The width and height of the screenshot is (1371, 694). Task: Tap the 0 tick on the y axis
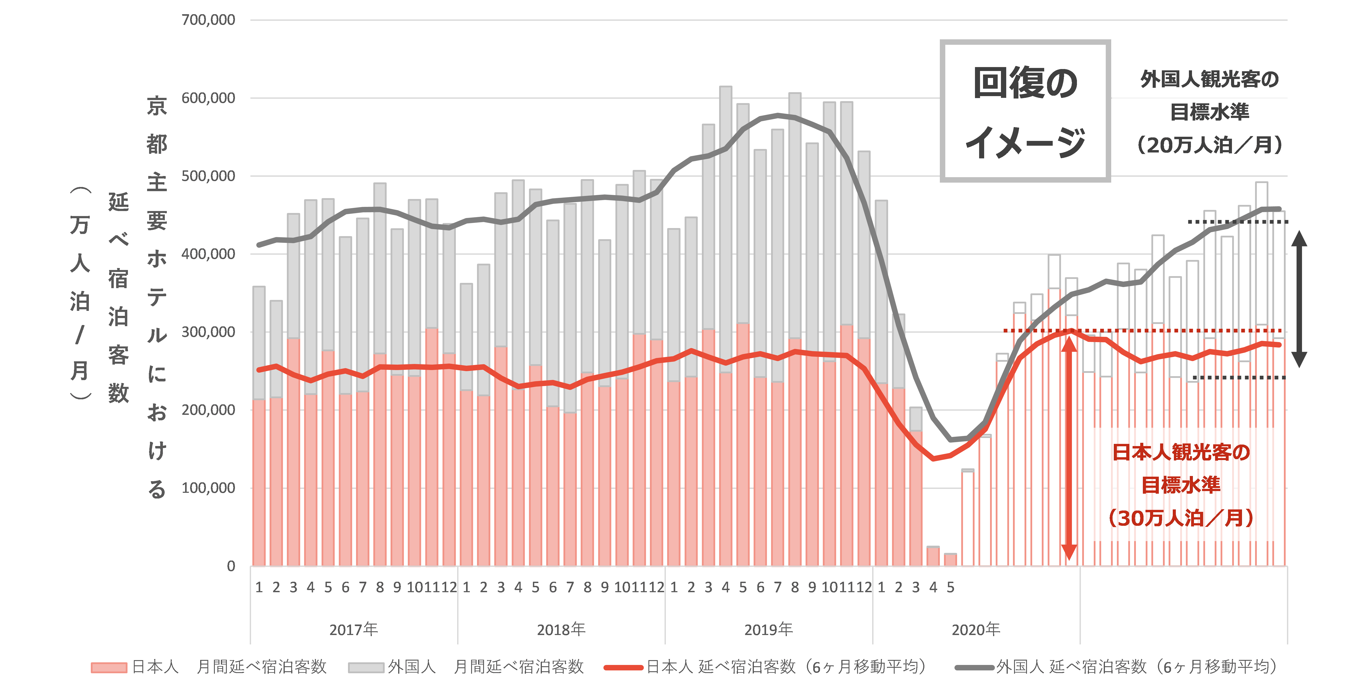[x=231, y=566]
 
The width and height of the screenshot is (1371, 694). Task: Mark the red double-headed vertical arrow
[x=1069, y=447]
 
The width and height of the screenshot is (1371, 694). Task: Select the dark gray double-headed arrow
[x=1299, y=299]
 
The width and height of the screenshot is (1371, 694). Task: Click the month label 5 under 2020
[x=951, y=587]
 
